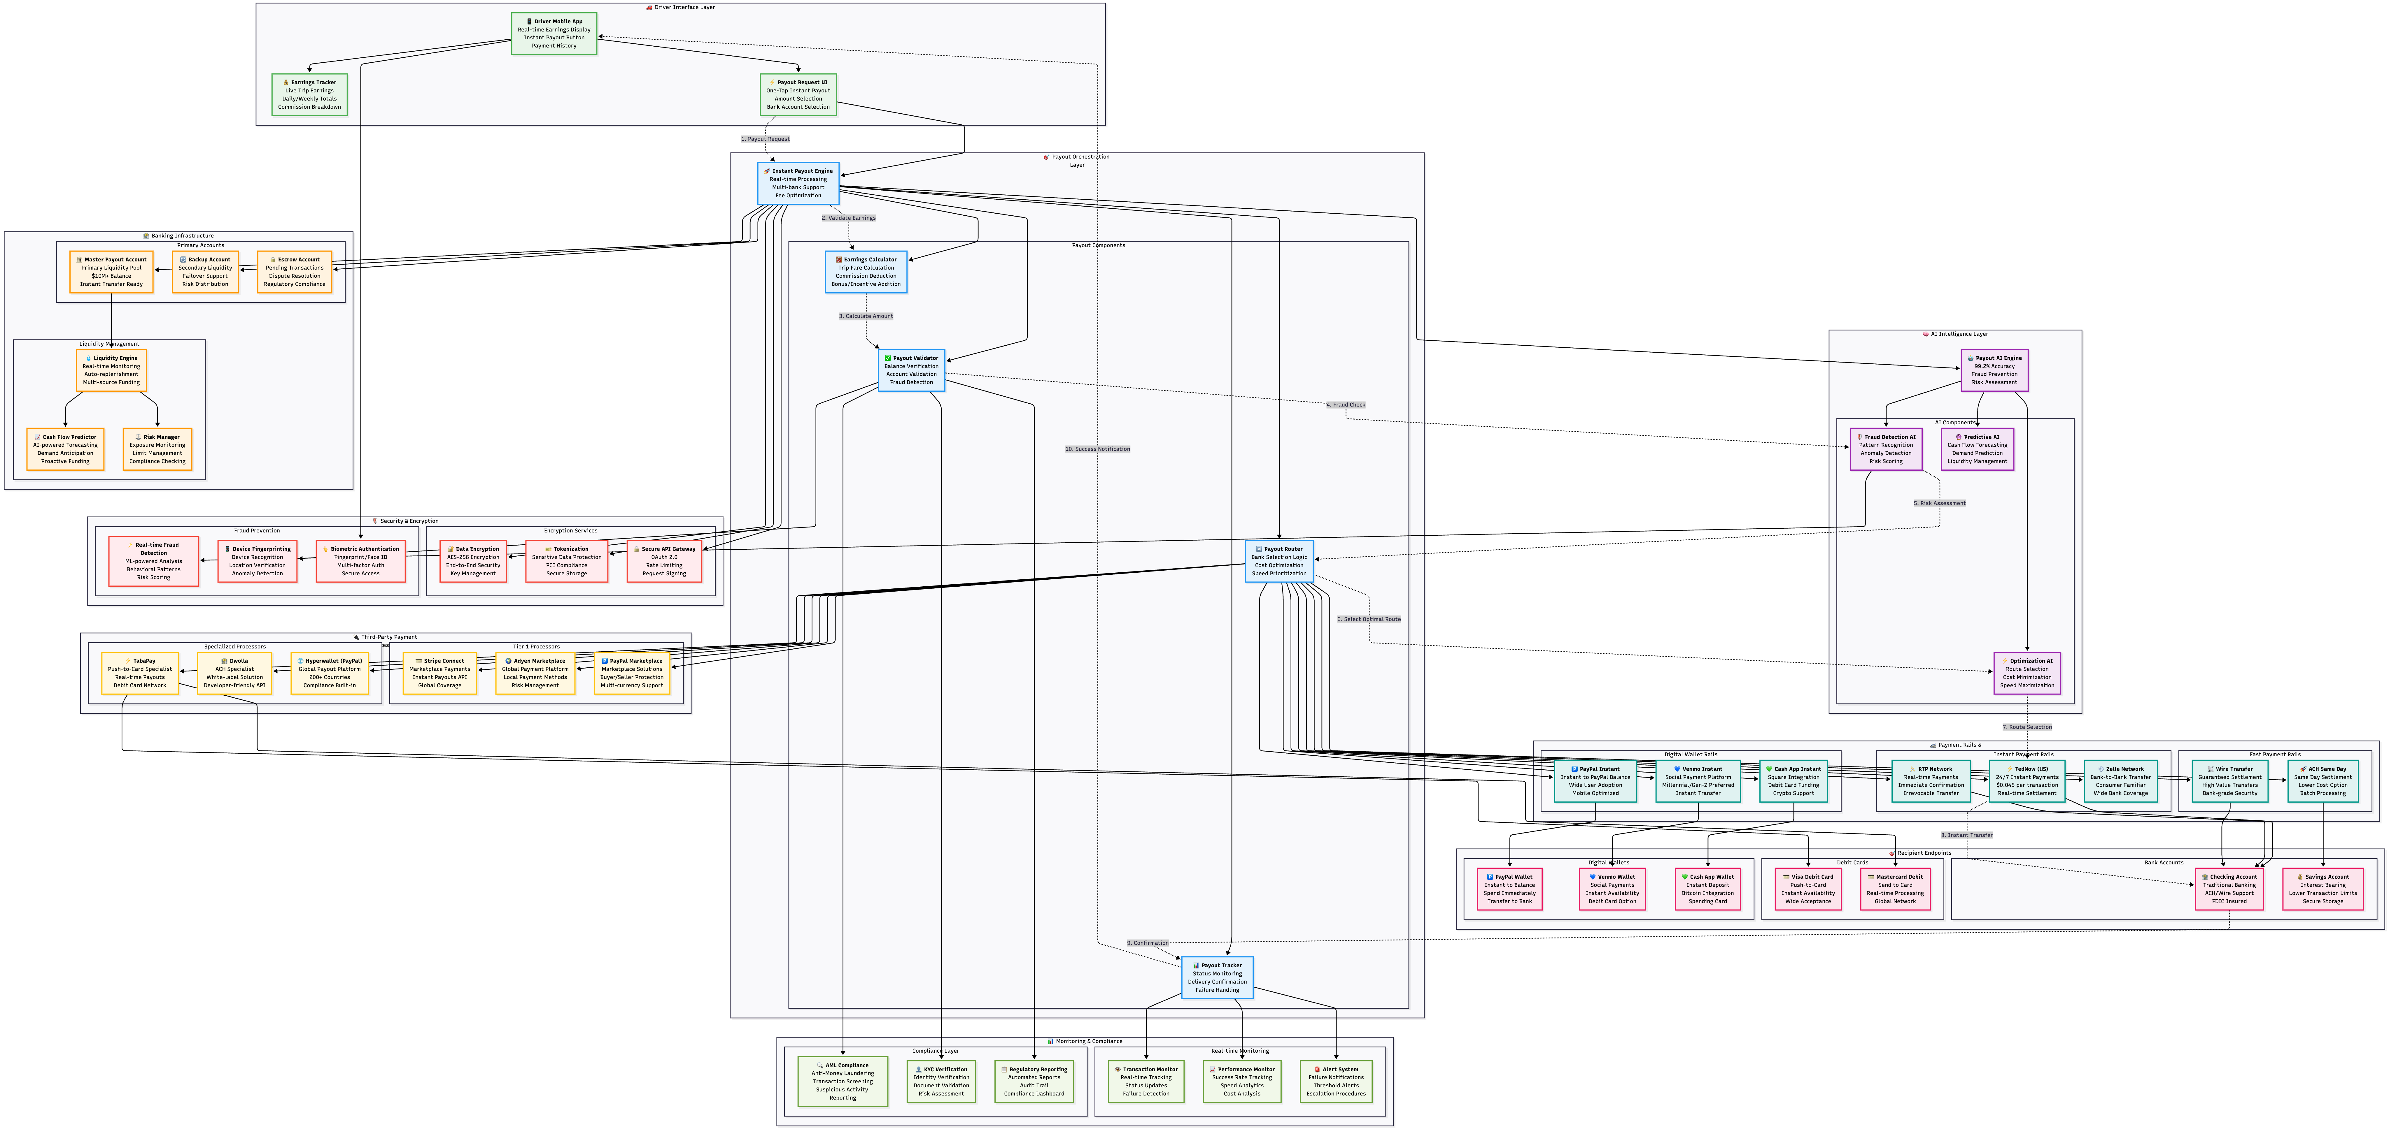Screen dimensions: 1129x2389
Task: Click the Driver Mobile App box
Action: [x=554, y=34]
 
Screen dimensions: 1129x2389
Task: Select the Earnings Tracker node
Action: [x=310, y=94]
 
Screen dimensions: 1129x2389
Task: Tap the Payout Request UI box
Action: [x=798, y=94]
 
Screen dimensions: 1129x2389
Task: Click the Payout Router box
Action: [x=1279, y=561]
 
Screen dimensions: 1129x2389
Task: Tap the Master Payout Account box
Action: [x=111, y=272]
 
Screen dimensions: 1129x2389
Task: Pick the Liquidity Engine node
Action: [x=111, y=370]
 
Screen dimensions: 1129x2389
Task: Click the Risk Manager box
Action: [x=158, y=449]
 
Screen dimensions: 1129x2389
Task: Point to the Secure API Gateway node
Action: [x=664, y=561]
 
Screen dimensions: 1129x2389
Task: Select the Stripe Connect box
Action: [x=439, y=673]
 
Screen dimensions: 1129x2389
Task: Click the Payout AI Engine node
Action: [x=1994, y=370]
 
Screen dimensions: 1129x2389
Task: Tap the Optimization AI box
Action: [x=2027, y=673]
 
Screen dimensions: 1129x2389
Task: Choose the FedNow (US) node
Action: [x=2027, y=780]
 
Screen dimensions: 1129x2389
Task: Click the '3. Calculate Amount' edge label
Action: [x=866, y=316]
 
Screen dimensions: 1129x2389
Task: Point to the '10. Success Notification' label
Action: [x=1097, y=449]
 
